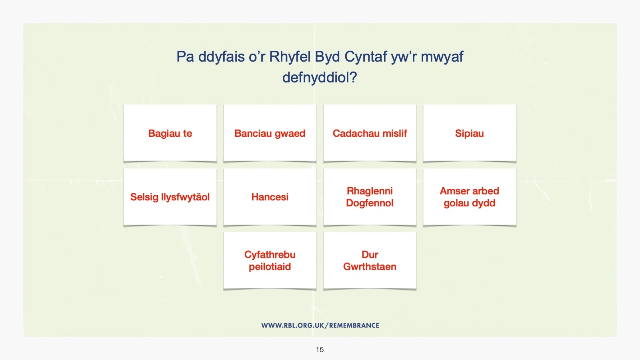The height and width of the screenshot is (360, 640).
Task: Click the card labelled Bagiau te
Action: (170, 133)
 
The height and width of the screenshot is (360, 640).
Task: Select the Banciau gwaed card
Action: (270, 133)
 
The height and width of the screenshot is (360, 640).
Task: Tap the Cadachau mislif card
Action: (370, 133)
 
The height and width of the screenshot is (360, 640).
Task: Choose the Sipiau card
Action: (470, 133)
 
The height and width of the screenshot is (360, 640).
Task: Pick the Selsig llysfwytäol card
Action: (170, 197)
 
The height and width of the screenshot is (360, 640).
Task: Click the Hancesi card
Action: (270, 197)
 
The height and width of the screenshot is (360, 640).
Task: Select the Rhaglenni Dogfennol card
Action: (370, 197)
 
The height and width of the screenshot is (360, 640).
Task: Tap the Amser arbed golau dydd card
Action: (470, 197)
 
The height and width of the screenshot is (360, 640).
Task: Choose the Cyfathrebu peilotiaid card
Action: (270, 260)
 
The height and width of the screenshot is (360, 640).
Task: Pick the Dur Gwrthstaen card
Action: (370, 260)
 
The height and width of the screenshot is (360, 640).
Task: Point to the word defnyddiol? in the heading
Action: (320, 78)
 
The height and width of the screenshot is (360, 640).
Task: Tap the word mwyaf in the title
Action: (442, 57)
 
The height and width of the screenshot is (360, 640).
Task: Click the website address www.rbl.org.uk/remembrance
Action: (320, 326)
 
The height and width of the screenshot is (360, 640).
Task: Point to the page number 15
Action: (320, 350)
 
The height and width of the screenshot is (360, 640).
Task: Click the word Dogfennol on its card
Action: (370, 203)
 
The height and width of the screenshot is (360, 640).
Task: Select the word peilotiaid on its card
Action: (270, 266)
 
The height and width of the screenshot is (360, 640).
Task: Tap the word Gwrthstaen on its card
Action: (370, 266)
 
